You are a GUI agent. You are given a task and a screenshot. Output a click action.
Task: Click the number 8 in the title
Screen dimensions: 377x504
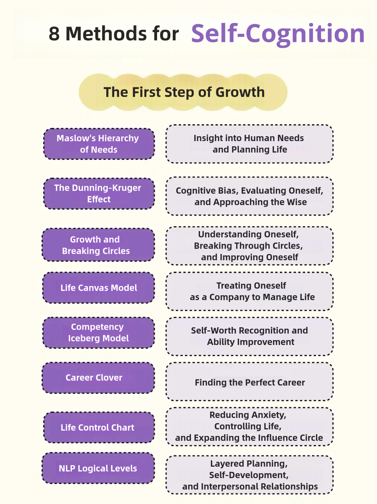(x=54, y=34)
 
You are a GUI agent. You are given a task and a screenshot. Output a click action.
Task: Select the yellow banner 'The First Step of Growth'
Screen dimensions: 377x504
(x=183, y=92)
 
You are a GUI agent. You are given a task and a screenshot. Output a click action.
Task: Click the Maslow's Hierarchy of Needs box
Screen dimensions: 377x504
(x=99, y=144)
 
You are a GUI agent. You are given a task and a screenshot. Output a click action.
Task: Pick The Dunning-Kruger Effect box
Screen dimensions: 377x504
(x=99, y=193)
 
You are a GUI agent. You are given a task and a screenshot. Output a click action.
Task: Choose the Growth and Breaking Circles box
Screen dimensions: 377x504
(x=98, y=245)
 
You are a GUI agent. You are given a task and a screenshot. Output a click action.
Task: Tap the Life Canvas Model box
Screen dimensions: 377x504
(x=98, y=288)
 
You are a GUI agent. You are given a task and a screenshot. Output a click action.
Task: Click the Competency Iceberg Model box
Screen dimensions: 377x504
(x=98, y=333)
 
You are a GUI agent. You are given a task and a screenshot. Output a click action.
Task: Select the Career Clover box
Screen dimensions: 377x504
(x=98, y=378)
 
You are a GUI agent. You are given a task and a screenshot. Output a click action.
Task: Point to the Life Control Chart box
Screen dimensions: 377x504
(x=99, y=427)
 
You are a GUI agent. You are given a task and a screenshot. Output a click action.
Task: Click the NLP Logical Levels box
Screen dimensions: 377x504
(x=98, y=468)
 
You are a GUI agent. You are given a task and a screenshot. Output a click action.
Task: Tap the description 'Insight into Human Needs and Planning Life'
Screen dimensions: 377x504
(x=250, y=144)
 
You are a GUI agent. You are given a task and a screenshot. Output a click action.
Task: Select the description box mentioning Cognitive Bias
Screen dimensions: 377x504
(x=250, y=196)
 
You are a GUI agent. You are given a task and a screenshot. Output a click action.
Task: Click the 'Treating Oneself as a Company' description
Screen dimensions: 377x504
(x=250, y=291)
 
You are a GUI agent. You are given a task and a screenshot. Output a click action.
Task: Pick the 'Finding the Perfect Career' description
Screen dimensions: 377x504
(x=250, y=382)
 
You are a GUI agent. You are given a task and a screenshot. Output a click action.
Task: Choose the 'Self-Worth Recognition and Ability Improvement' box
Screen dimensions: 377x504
(x=250, y=336)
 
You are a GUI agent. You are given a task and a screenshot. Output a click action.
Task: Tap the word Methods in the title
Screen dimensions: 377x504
(x=106, y=34)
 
